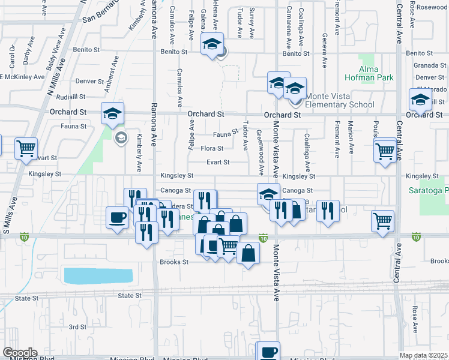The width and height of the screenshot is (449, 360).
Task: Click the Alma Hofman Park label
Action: tap(369, 73)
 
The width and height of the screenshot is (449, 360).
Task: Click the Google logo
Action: tap(20, 353)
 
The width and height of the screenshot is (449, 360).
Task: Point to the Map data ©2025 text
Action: tap(423, 355)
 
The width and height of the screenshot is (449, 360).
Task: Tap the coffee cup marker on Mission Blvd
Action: tap(268, 352)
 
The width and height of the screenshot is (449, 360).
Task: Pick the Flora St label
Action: tap(212, 148)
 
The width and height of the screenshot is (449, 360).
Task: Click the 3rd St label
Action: tap(77, 327)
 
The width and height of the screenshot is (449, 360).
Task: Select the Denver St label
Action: tap(91, 81)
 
